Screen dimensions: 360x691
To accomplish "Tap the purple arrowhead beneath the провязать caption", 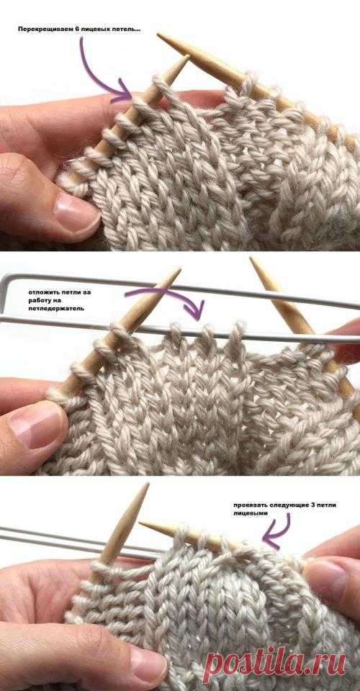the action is (271, 540).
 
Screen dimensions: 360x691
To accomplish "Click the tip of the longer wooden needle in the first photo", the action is (158, 35).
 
